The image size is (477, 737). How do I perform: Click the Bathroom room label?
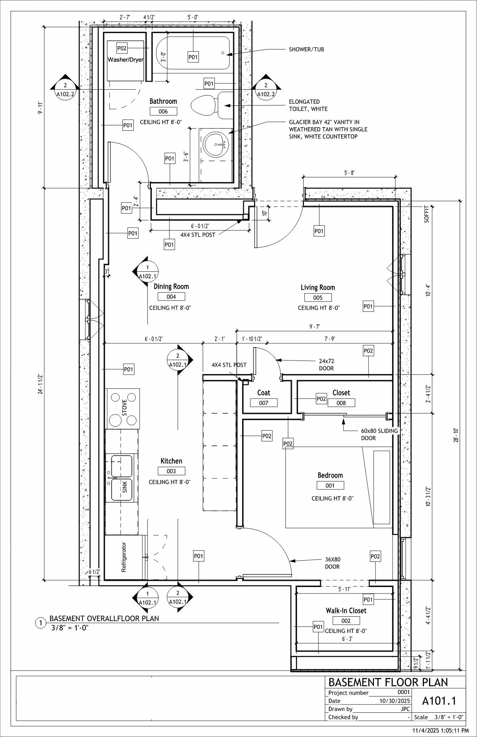tap(163, 101)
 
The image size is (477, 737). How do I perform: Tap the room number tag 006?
tap(163, 111)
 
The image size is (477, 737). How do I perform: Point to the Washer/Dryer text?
tap(125, 60)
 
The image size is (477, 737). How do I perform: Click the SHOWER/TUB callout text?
tap(306, 49)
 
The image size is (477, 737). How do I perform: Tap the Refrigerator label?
tap(124, 557)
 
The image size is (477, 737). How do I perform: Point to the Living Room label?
tap(318, 288)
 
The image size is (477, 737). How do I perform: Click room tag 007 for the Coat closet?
tap(264, 403)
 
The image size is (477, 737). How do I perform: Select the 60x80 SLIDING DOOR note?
tap(379, 434)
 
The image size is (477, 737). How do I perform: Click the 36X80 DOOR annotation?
tap(332, 563)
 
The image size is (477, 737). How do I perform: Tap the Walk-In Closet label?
tap(346, 611)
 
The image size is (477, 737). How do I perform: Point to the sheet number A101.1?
tap(439, 701)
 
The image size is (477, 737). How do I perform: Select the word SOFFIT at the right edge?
tap(426, 214)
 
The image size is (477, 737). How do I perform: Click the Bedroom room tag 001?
tap(330, 486)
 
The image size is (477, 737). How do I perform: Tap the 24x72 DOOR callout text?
tap(326, 365)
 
